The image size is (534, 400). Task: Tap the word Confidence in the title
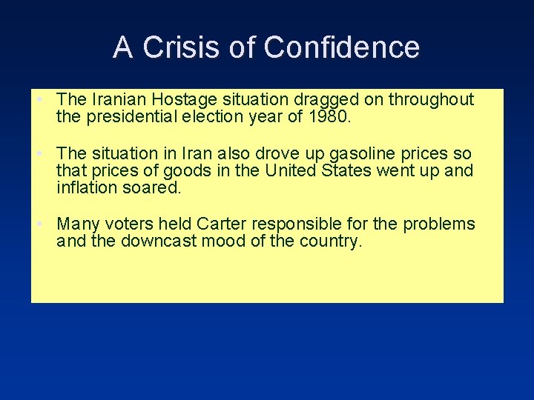coord(341,47)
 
